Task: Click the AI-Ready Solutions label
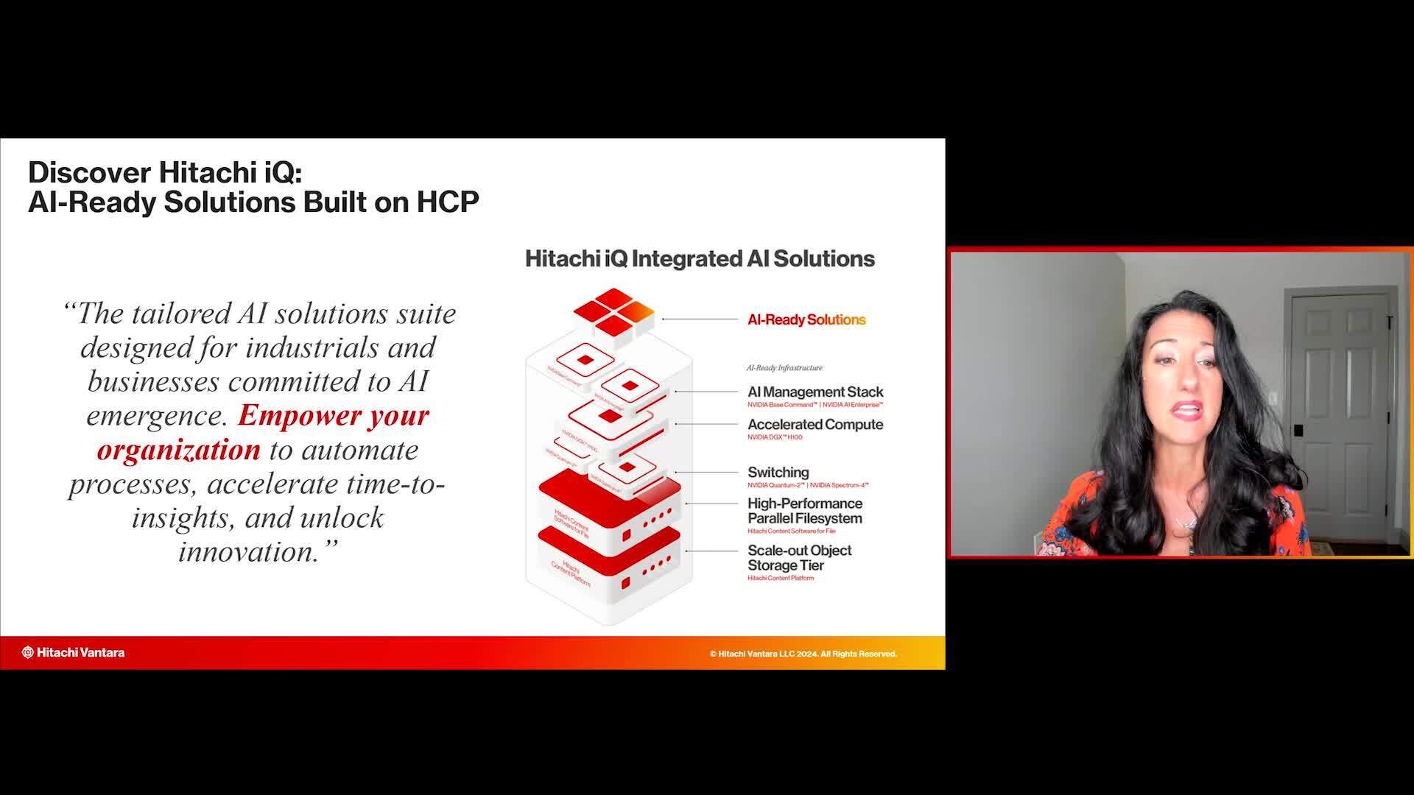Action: pos(806,319)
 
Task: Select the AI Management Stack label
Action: pos(815,392)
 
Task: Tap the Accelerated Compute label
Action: pos(815,425)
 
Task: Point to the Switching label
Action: pos(778,473)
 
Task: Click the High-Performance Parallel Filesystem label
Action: pos(804,511)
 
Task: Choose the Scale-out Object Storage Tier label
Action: pos(799,558)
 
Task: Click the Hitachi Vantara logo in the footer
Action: pos(73,652)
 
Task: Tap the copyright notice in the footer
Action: pos(803,654)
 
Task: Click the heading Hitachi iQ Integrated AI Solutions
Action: pos(700,259)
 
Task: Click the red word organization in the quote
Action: pos(179,450)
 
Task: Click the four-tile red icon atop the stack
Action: pos(613,312)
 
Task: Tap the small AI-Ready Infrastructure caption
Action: pos(784,368)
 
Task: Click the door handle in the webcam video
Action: pos(1298,431)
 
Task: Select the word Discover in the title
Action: pos(90,172)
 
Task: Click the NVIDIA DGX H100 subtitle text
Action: pos(775,438)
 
